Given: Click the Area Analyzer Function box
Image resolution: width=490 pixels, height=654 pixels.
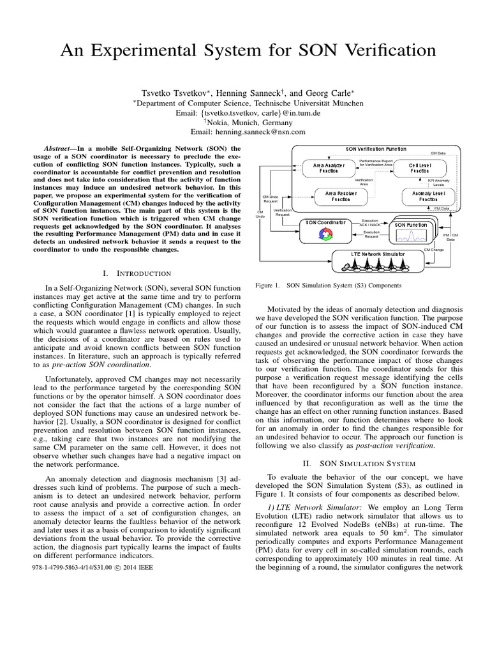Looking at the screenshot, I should pyautogui.click(x=329, y=167).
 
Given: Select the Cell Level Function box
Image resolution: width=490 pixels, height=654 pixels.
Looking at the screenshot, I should pyautogui.click(x=419, y=167).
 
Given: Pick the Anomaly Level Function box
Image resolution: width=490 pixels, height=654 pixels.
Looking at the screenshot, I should pyautogui.click(x=419, y=195).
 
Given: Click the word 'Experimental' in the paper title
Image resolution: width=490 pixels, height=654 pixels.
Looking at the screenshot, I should pyautogui.click(x=163, y=50).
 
